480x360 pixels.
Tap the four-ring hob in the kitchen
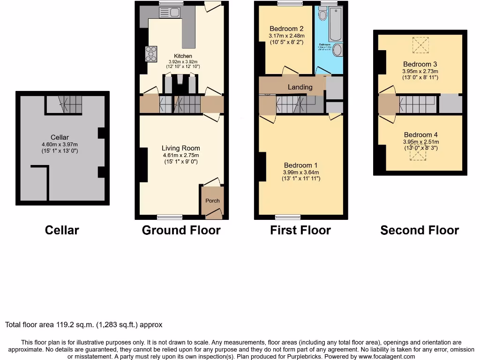pyautogui.click(x=151, y=54)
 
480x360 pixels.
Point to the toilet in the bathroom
pyautogui.click(x=322, y=15)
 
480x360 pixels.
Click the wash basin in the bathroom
pyautogui.click(x=338, y=52)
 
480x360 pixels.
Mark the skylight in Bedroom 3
pyautogui.click(x=420, y=45)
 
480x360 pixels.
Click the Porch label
pyautogui.click(x=212, y=201)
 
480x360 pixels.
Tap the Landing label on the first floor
pyautogui.click(x=300, y=87)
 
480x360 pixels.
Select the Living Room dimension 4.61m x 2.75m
pyautogui.click(x=180, y=155)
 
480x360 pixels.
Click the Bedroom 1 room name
pyautogui.click(x=300, y=165)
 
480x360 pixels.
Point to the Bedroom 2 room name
pyautogui.click(x=286, y=28)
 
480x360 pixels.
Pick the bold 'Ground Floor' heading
pyautogui.click(x=181, y=230)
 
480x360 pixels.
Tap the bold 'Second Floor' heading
pyautogui.click(x=420, y=230)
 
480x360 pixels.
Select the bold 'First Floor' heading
pyautogui.click(x=300, y=230)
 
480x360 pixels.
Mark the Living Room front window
pyautogui.click(x=169, y=217)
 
